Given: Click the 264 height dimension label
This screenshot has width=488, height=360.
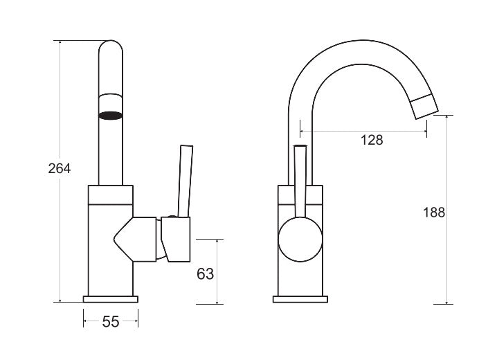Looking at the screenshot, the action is pyautogui.click(x=60, y=168).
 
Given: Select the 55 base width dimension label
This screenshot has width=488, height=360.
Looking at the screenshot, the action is pyautogui.click(x=111, y=322).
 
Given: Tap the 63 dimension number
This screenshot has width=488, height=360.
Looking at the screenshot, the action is pyautogui.click(x=206, y=274).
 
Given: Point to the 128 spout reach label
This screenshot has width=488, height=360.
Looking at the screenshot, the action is pyautogui.click(x=372, y=140).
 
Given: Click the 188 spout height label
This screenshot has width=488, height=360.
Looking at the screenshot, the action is pyautogui.click(x=434, y=213).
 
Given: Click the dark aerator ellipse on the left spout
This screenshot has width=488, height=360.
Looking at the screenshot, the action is pyautogui.click(x=111, y=116).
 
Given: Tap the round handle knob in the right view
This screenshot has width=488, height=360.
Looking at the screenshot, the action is pyautogui.click(x=300, y=240).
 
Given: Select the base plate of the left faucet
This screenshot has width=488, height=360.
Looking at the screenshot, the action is pyautogui.click(x=111, y=299).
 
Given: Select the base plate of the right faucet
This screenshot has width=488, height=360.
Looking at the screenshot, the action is pyautogui.click(x=300, y=299).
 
